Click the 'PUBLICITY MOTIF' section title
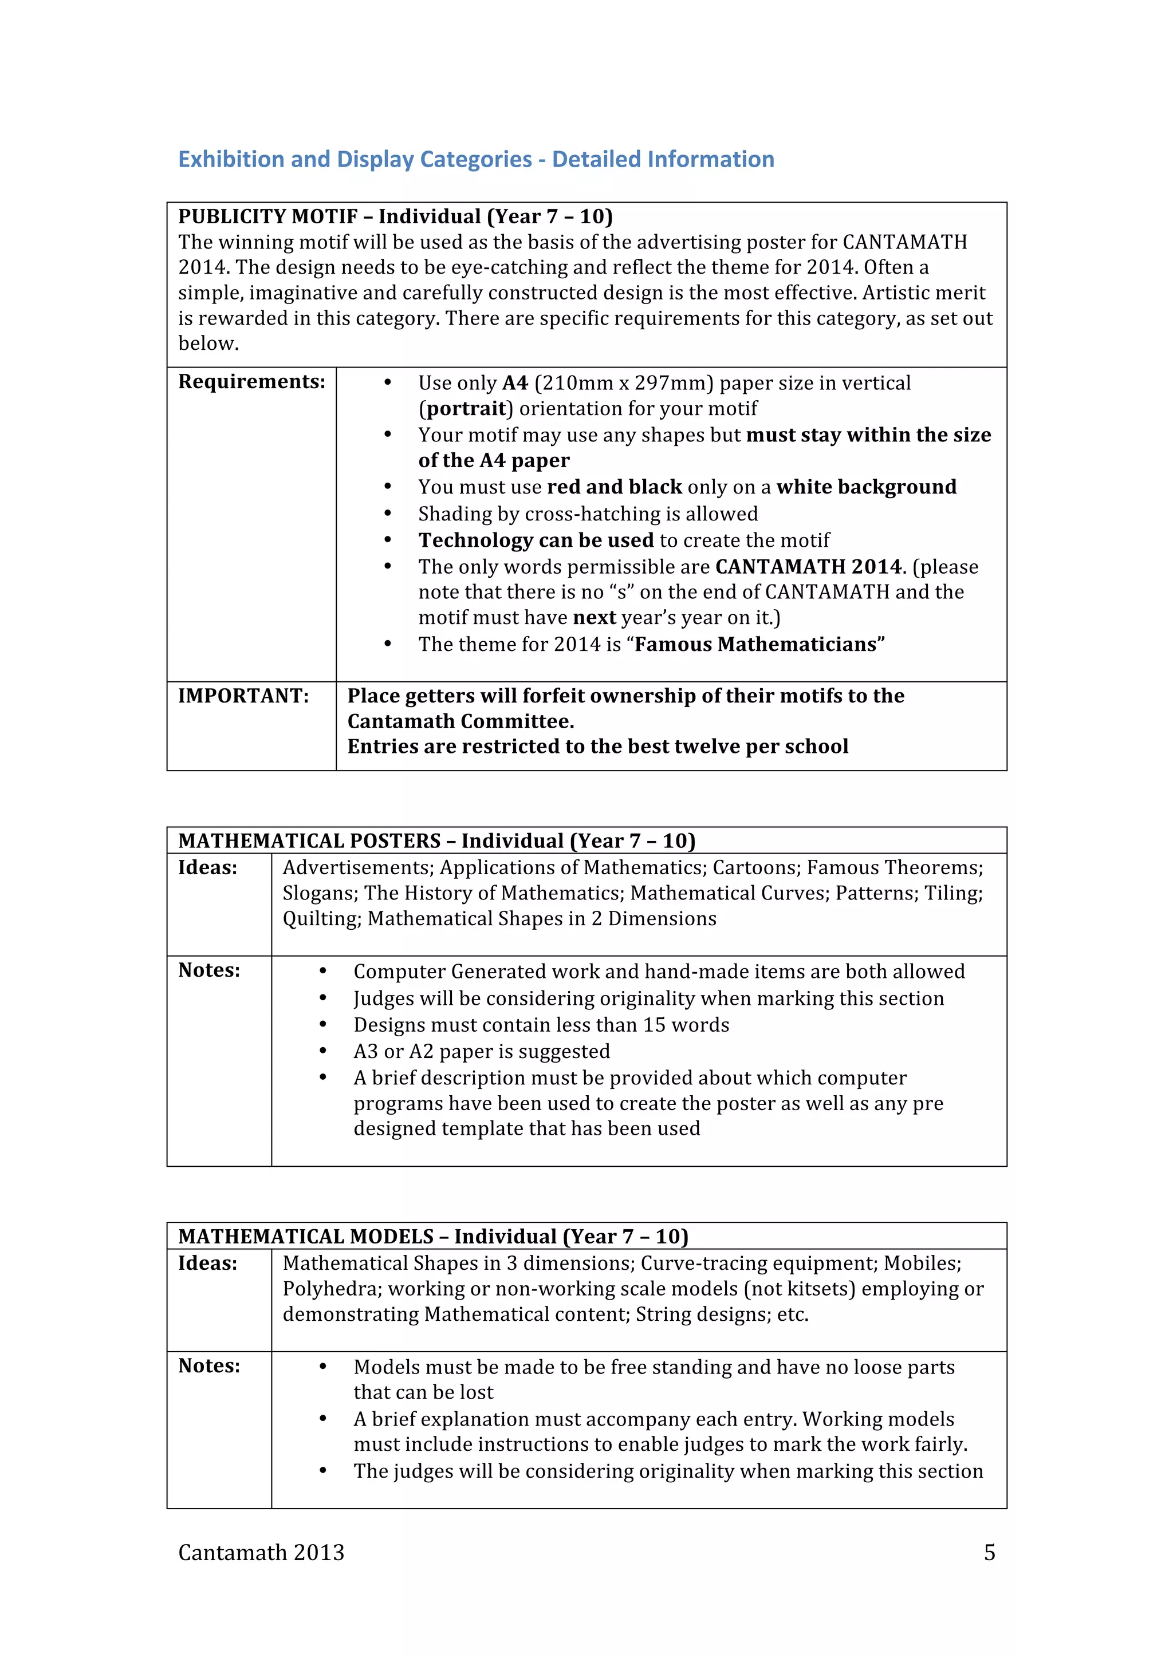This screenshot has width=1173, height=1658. [x=267, y=216]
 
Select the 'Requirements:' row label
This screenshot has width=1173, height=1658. [x=251, y=381]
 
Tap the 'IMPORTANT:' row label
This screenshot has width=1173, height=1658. [x=243, y=696]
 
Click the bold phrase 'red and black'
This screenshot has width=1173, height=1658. [x=614, y=487]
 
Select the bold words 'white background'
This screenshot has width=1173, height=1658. [x=866, y=487]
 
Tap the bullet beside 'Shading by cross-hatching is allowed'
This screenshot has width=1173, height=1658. [x=388, y=514]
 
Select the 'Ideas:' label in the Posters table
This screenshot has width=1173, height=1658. [x=208, y=868]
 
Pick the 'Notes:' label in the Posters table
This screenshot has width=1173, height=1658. [x=210, y=970]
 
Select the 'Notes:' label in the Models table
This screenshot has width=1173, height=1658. [x=210, y=1366]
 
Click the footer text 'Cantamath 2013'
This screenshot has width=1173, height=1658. [x=262, y=1553]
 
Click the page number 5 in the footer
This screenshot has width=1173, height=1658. [x=990, y=1553]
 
